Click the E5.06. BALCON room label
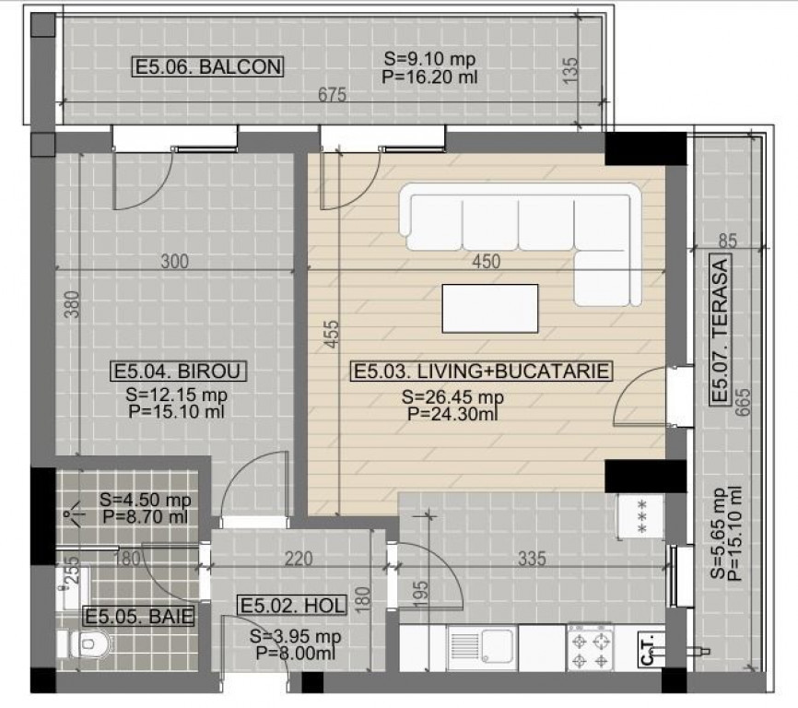pos(207,66)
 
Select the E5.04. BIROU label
pos(178,371)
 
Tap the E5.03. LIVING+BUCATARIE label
pos(481,371)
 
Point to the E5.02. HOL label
pos(293,606)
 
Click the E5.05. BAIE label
pos(139,617)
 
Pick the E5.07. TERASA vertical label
pos(721,330)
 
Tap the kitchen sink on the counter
pos(482,648)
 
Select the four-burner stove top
pos(591,647)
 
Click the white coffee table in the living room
pos(489,309)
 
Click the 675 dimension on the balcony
pos(332,95)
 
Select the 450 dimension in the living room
pos(486,262)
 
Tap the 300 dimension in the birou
pos(174,262)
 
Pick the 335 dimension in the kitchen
pos(532,559)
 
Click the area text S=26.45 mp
pos(452,396)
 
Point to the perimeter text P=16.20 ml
pos(429,77)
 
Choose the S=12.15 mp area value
pos(176,395)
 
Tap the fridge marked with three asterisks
pos(640,515)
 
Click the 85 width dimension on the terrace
pos(728,241)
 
